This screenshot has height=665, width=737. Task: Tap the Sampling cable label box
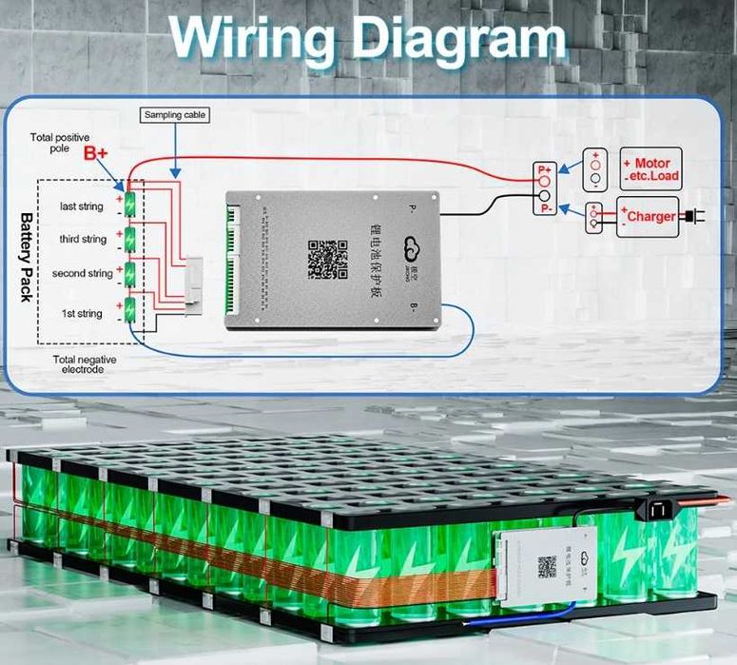click(x=175, y=115)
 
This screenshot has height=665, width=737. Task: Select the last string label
click(x=81, y=206)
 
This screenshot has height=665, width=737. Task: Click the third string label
click(x=83, y=239)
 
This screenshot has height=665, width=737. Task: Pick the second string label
click(x=82, y=274)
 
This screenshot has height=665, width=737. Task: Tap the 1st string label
click(x=82, y=313)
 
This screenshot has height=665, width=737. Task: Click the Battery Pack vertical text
click(x=25, y=257)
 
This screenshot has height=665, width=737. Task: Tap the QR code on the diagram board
click(x=327, y=259)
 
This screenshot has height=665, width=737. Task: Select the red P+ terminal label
click(x=545, y=168)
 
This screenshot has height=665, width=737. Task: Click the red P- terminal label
click(x=546, y=207)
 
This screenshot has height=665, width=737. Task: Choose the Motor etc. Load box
click(x=650, y=169)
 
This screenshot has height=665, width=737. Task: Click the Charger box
click(x=650, y=216)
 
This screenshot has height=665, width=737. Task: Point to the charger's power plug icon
click(x=695, y=216)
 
